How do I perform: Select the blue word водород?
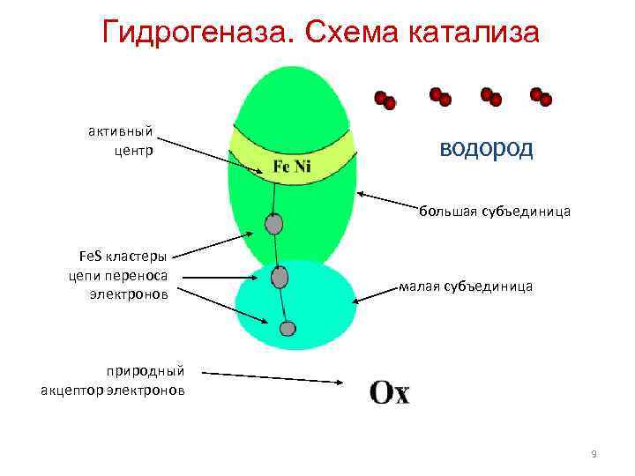point(486,147)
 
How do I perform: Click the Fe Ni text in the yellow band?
point(291,167)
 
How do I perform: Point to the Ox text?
point(389,392)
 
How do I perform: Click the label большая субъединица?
point(494,212)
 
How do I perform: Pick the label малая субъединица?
point(466,286)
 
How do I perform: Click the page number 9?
point(594,454)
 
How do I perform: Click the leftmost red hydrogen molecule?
point(385,100)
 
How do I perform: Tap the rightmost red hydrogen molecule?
point(541,96)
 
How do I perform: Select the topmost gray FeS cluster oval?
point(273,224)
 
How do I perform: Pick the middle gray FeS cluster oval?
point(280,279)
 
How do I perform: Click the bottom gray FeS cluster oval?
point(287,329)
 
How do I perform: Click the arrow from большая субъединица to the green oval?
point(388,202)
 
